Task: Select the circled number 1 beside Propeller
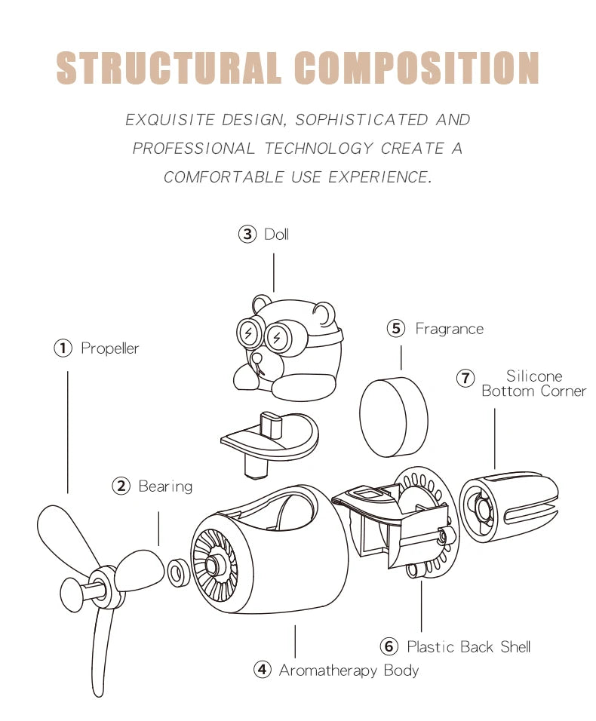point(63,348)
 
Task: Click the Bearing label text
point(165,486)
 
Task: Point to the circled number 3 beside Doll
point(247,235)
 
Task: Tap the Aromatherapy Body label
point(349,670)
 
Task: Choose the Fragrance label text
point(449,329)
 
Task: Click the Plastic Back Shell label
point(469,646)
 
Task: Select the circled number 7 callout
point(466,377)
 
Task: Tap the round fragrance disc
point(393,418)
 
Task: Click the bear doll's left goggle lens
point(249,333)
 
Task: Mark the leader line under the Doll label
point(273,272)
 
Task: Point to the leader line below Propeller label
point(68,430)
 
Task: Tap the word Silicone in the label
point(534,376)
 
